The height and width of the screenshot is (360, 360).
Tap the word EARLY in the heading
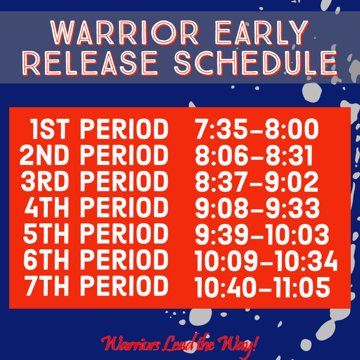pos(262,33)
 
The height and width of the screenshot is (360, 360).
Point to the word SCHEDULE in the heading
pos(256,63)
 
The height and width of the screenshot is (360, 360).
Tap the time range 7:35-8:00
pos(257,129)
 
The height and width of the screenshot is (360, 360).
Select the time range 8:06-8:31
pos(254,155)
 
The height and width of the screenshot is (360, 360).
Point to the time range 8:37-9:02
pos(257,181)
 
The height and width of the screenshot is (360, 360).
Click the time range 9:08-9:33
pos(257,208)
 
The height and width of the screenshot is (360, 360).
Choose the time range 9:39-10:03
pos(262,234)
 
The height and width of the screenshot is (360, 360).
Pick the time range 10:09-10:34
pos(266,260)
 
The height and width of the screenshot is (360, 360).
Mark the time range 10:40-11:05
pos(262,286)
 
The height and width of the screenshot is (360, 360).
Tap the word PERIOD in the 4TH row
pos(124,207)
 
